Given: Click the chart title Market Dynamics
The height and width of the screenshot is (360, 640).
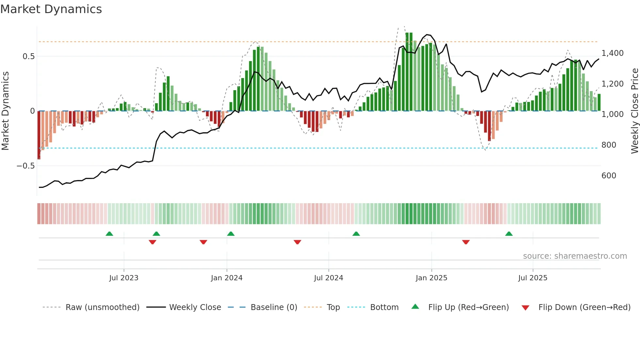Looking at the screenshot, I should point(51,9).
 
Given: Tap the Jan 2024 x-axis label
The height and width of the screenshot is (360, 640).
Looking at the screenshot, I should point(227,278).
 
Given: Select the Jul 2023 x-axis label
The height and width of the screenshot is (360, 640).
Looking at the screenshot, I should point(124,278).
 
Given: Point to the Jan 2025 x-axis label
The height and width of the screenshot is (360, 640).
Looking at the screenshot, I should point(431,278).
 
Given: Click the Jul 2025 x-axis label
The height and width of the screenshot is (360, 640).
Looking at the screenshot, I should point(533,278).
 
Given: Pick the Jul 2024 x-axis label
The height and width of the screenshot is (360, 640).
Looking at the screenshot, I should point(328,278).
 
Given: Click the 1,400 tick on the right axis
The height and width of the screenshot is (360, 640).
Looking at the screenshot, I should point(612,53).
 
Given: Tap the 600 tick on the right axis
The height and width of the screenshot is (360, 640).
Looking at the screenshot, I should point(609,176).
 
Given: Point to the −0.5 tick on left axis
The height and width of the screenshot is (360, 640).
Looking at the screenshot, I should point(25,166).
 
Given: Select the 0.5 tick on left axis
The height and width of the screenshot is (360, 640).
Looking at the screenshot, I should point(28,57).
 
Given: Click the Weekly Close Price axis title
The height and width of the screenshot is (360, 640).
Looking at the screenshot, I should point(634,111).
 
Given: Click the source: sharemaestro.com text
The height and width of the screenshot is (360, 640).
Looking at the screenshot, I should point(575,256).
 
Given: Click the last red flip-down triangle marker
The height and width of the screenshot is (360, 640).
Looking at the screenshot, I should point(466,242).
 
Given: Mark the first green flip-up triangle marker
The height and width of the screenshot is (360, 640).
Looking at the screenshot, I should point(109,234).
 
